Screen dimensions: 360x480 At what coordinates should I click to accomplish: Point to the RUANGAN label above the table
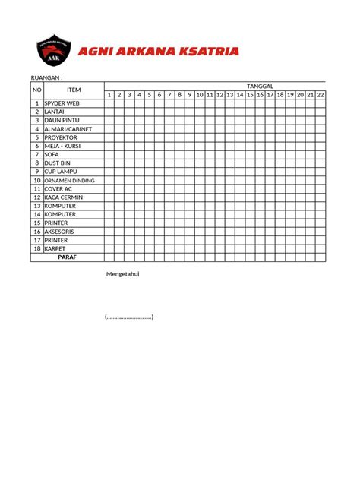pos(46,77)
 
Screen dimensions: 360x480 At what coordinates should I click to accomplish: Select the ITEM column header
pos(74,90)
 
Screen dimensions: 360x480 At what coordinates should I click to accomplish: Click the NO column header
pos(36,90)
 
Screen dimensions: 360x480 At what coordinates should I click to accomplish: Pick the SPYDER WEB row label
pos(62,103)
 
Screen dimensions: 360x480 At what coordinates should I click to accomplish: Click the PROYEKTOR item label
pos(61,137)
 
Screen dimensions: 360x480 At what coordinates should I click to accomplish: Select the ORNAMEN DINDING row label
pos(69,180)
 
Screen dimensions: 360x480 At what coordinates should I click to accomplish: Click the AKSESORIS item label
pos(61,232)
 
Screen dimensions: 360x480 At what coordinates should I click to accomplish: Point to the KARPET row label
pos(55,248)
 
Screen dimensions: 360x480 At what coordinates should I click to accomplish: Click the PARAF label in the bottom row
pos(67,257)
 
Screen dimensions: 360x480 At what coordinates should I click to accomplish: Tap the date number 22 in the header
pos(321,95)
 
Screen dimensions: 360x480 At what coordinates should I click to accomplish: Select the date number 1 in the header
pos(109,95)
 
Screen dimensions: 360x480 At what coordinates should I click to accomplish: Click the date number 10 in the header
pos(200,95)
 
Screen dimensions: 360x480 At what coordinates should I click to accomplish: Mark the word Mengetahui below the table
pos(122,274)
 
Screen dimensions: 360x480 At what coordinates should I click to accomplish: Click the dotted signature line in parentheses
pos(129,316)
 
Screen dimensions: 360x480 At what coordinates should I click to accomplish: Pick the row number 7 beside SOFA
pos(36,154)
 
